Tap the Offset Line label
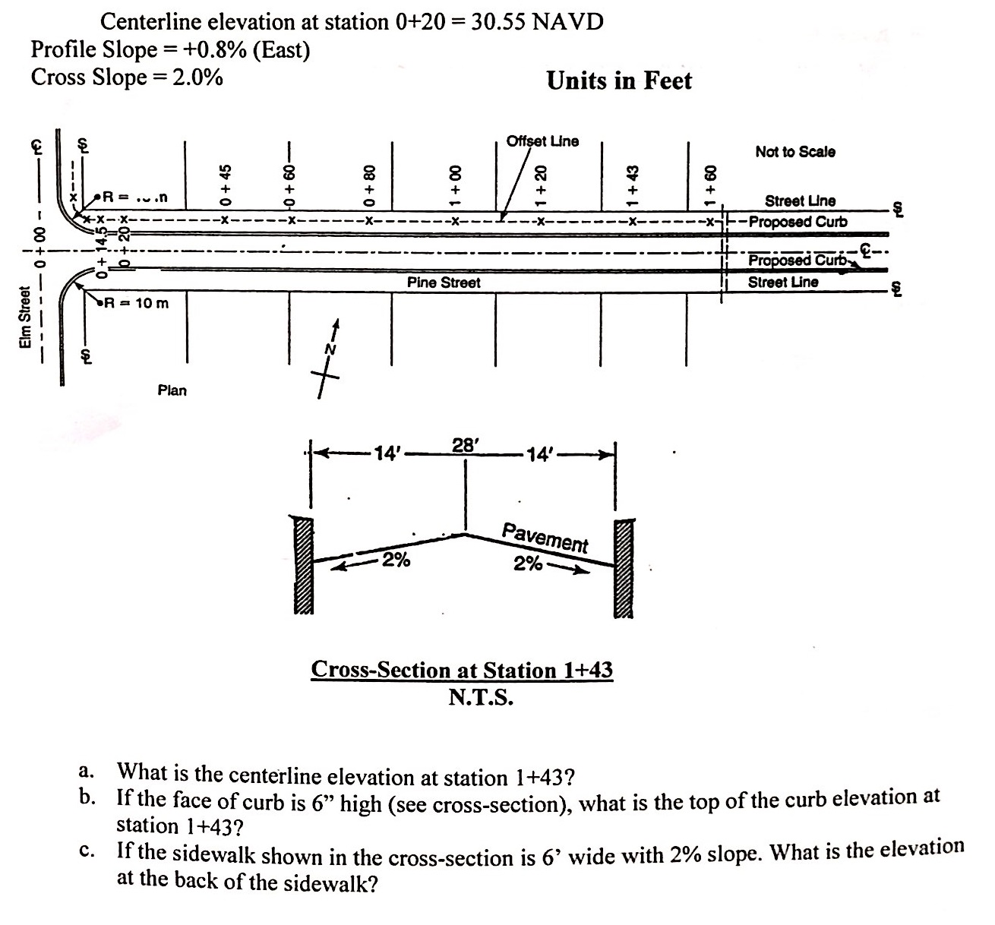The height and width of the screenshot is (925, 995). click(542, 141)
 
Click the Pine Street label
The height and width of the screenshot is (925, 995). click(444, 283)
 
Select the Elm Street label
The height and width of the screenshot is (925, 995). click(27, 317)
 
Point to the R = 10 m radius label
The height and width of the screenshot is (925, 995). click(137, 304)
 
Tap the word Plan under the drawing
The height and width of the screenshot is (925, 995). click(172, 390)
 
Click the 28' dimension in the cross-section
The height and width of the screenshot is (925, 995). click(465, 445)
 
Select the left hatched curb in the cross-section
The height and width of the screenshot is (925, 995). click(302, 566)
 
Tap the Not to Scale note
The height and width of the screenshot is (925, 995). click(795, 152)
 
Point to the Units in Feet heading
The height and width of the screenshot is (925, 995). click(619, 81)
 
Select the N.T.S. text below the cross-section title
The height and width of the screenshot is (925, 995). click(481, 696)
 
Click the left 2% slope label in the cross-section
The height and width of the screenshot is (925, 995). click(396, 561)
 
